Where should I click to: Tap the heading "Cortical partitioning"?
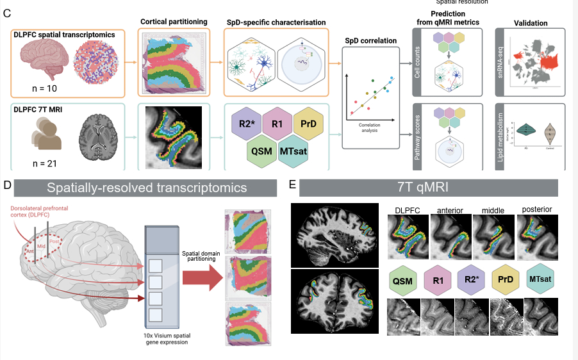[x=174, y=22]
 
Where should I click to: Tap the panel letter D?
[x=7, y=186]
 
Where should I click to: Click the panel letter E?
[x=292, y=186]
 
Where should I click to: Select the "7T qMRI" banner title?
[x=428, y=188]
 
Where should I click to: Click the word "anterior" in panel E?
[x=450, y=210]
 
